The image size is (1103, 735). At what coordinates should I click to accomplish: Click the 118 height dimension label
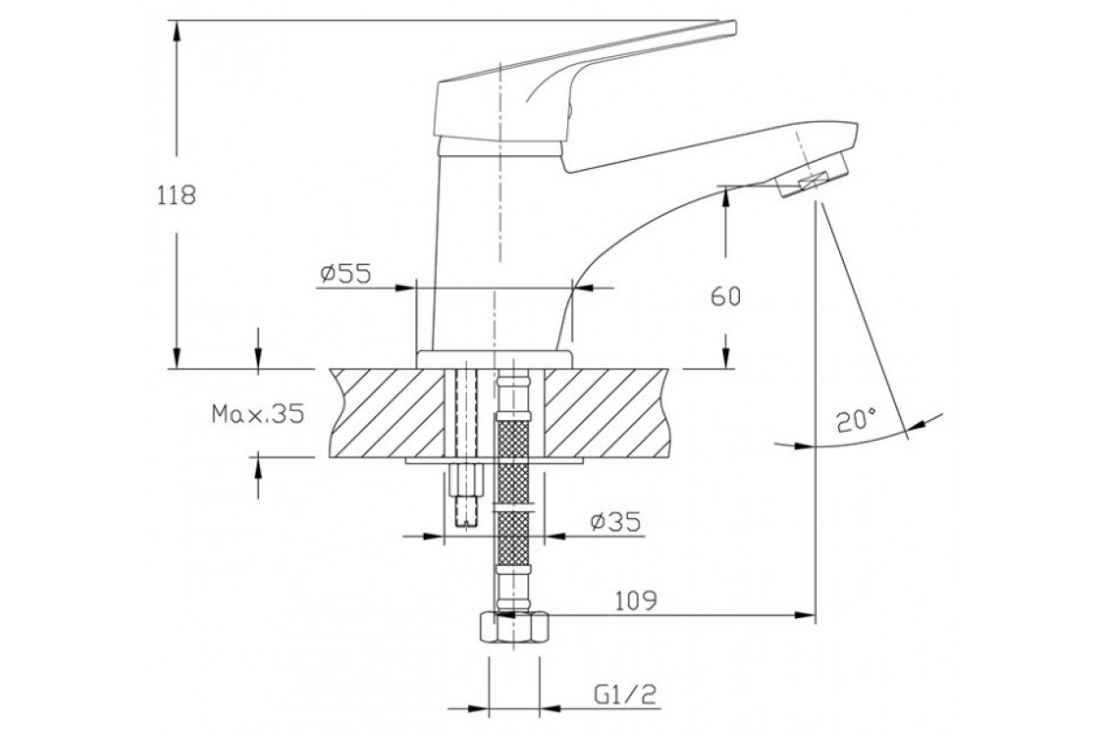click(x=176, y=196)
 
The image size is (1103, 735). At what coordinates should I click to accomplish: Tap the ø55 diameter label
click(x=346, y=274)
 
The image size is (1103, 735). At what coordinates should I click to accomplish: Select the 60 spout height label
click(x=726, y=297)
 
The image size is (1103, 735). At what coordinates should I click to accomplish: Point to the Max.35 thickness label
click(x=258, y=413)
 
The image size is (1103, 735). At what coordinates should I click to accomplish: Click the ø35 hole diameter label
click(x=616, y=522)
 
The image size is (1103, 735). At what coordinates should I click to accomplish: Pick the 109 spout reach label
click(x=636, y=601)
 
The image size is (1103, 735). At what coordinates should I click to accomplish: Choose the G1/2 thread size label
click(x=625, y=695)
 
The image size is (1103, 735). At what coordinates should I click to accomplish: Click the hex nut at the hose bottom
click(x=514, y=628)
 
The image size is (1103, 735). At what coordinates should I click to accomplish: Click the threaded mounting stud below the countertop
click(x=467, y=495)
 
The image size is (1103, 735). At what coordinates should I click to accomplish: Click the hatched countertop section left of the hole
click(x=387, y=413)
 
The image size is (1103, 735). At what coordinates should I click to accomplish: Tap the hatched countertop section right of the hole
click(x=608, y=413)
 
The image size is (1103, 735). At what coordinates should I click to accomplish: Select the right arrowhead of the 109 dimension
click(x=803, y=615)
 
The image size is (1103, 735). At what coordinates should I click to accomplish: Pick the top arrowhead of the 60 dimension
click(x=726, y=198)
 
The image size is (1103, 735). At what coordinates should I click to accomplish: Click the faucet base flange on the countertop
click(x=495, y=359)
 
